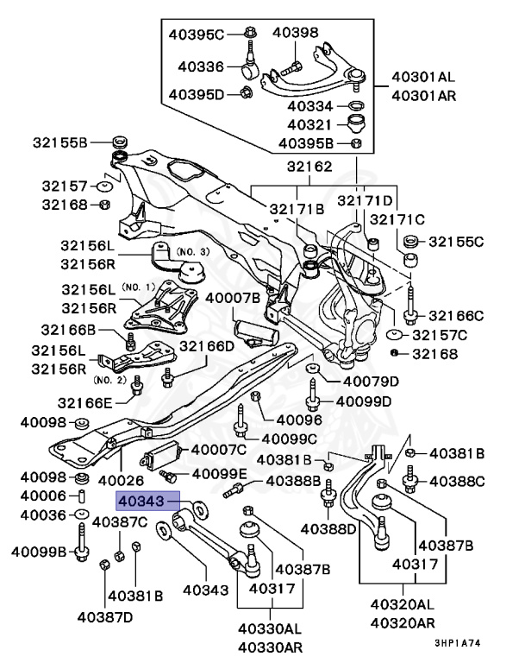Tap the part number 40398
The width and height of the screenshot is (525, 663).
point(296,33)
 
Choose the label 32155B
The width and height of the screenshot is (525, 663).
point(60,142)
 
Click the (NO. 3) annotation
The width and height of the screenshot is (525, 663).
point(193,250)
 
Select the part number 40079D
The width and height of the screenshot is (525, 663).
point(371,381)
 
